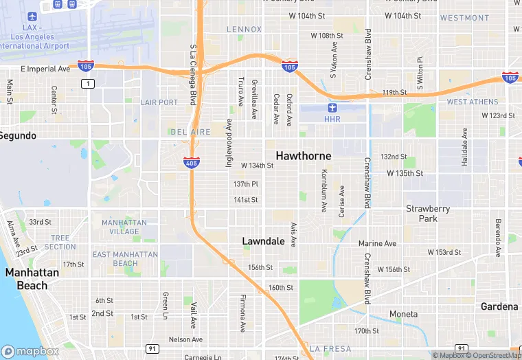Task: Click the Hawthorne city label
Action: (x=304, y=156)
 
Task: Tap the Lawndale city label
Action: (x=264, y=241)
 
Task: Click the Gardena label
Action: (x=499, y=306)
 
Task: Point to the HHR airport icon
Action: (x=332, y=107)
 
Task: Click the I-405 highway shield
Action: (x=192, y=163)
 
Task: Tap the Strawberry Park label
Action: (x=428, y=213)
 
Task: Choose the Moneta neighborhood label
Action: (x=403, y=314)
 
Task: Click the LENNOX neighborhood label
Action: (x=244, y=30)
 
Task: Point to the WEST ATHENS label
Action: (x=472, y=102)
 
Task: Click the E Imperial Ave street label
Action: (x=45, y=69)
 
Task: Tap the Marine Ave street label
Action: (x=377, y=243)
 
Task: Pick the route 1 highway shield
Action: (x=87, y=83)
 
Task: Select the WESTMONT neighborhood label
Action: (x=465, y=18)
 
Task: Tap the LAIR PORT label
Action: (x=159, y=102)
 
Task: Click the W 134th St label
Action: (x=257, y=166)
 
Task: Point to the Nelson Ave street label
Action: (x=185, y=339)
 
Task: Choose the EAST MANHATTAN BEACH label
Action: (x=125, y=259)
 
